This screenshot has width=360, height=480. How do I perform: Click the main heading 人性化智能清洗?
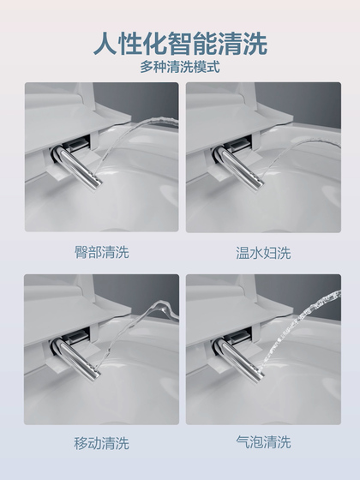click(180, 44)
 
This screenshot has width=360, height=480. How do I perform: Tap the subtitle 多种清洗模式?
click(180, 67)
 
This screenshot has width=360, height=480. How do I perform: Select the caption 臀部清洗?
click(102, 252)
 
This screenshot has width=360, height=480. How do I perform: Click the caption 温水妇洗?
click(263, 253)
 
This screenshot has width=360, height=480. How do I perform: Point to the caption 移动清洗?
click(102, 443)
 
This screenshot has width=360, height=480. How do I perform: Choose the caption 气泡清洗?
click(263, 441)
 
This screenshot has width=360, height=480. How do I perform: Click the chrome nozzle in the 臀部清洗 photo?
click(78, 167)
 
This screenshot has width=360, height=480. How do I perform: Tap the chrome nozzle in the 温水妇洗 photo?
click(240, 168)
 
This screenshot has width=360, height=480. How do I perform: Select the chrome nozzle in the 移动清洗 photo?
click(76, 359)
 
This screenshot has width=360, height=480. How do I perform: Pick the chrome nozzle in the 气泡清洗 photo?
click(240, 360)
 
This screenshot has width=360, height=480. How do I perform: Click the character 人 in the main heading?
click(105, 44)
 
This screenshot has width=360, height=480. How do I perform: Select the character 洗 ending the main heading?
click(255, 44)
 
